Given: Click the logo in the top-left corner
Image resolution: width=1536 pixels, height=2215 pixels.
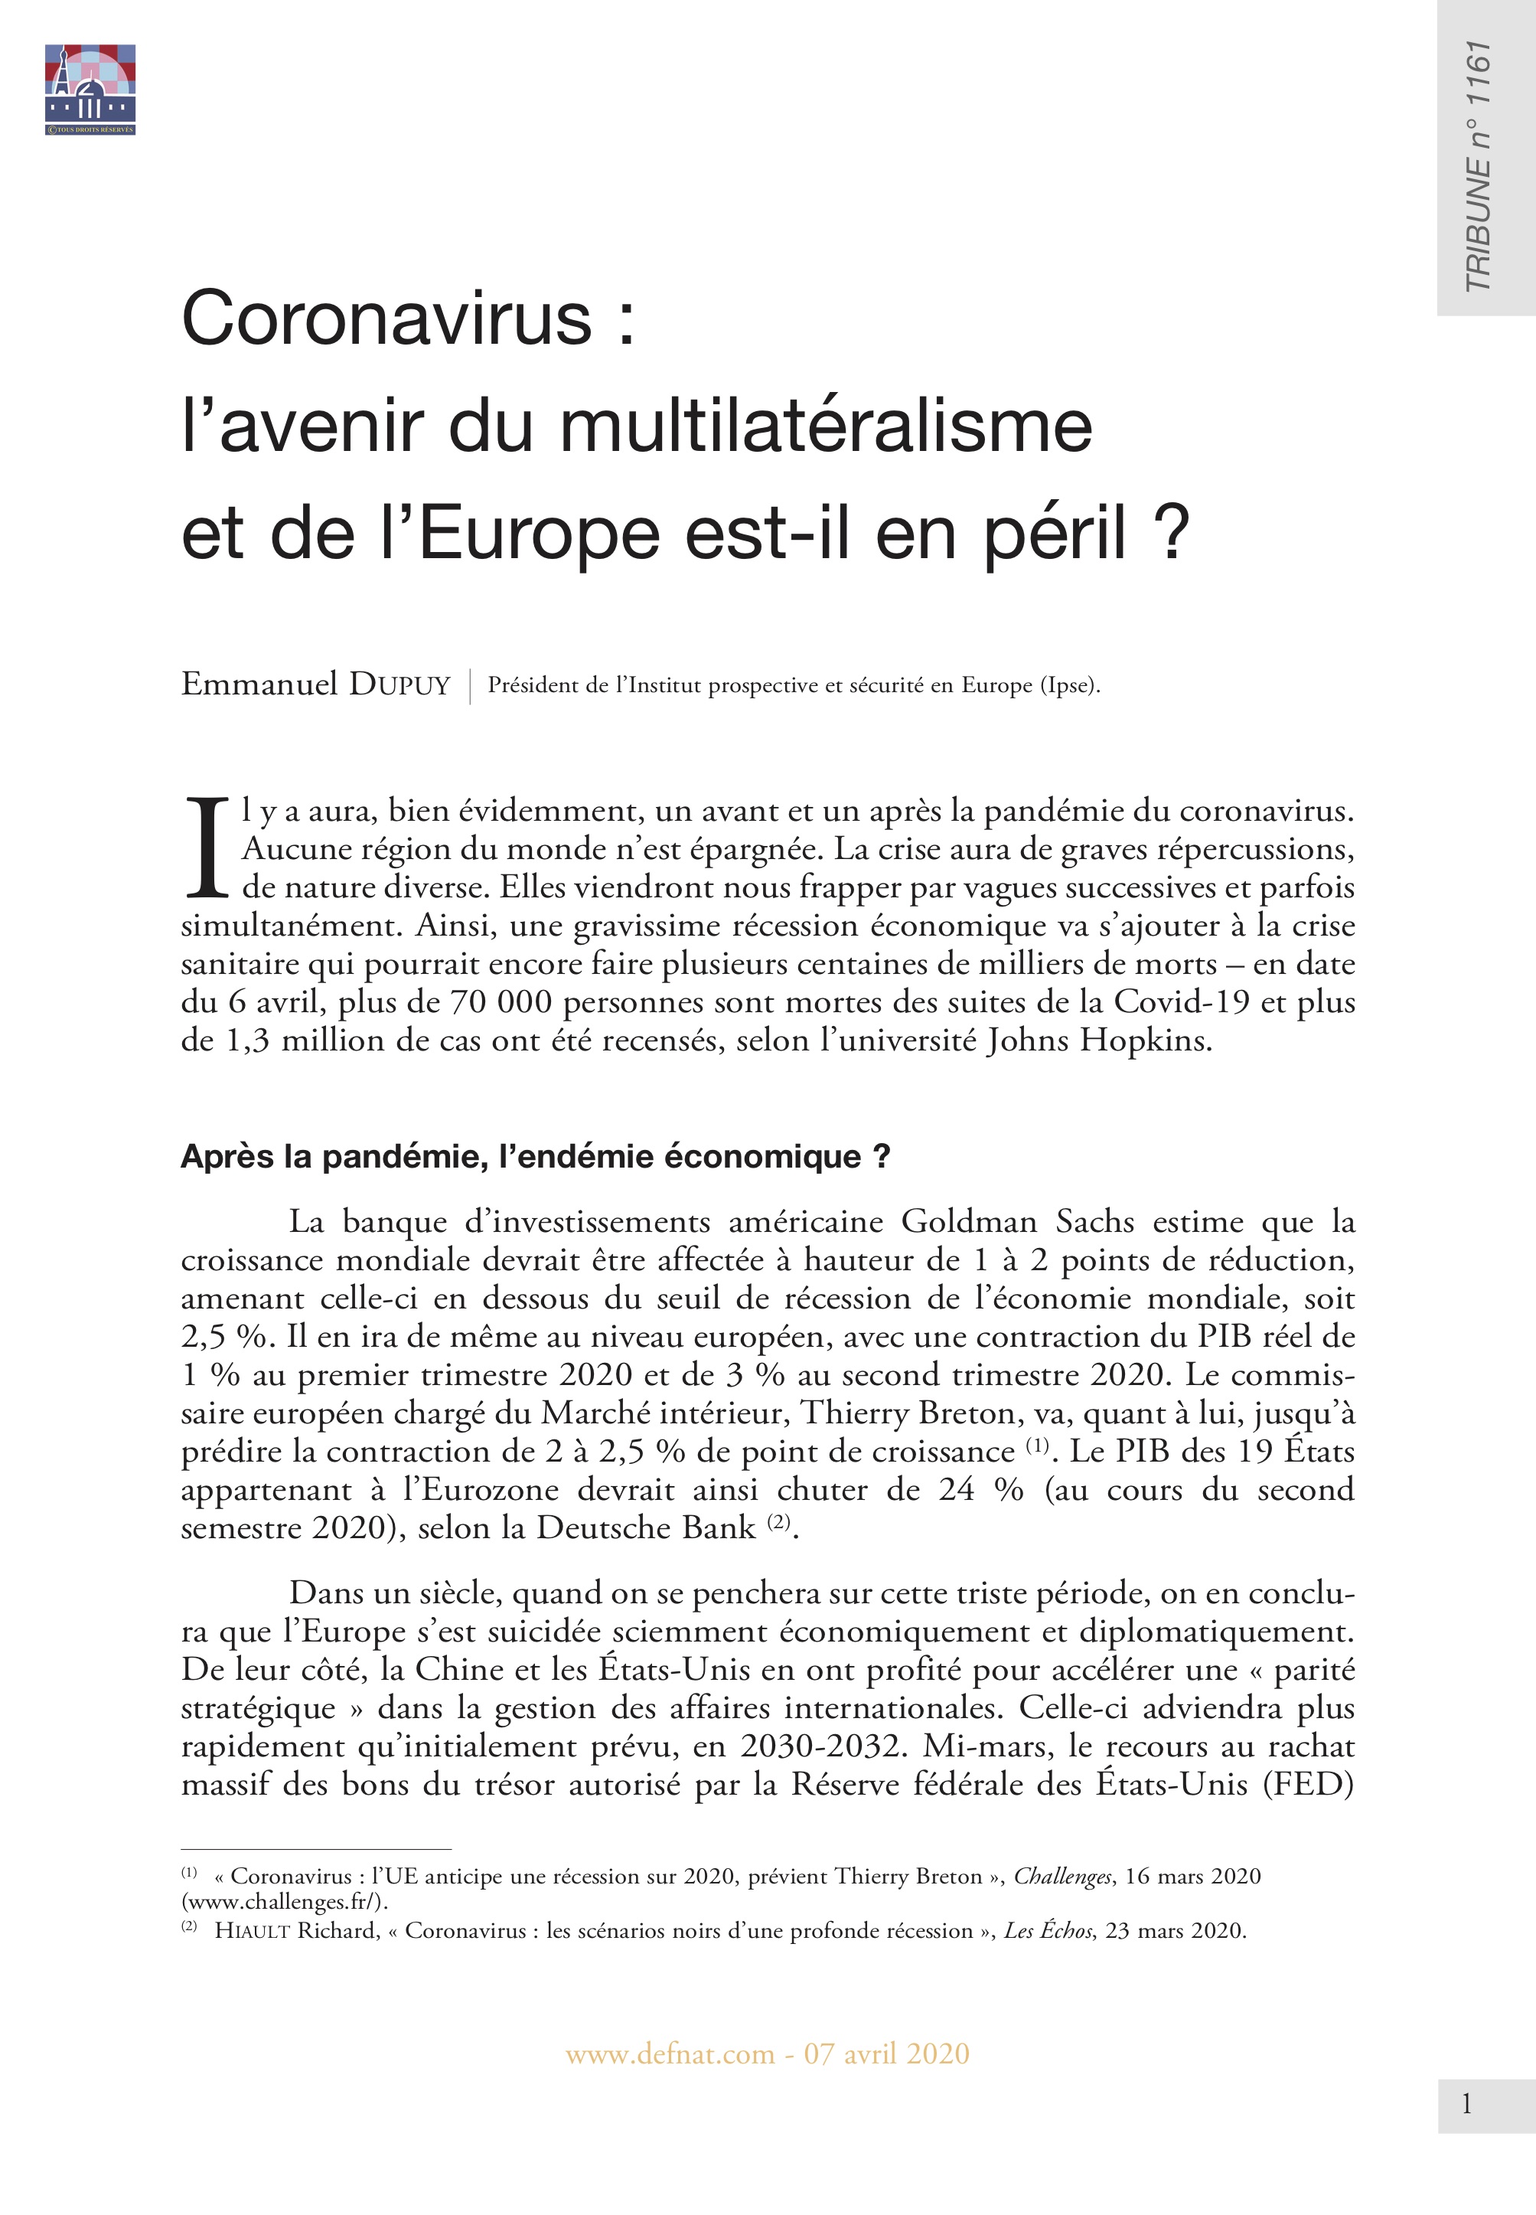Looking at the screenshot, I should click(x=90, y=90).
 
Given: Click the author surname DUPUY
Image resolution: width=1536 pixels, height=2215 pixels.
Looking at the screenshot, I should click(x=399, y=685).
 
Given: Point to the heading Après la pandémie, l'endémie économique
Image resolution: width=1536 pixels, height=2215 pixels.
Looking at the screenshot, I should click(x=535, y=1156).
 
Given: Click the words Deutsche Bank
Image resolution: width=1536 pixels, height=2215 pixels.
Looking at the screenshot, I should click(x=646, y=1527).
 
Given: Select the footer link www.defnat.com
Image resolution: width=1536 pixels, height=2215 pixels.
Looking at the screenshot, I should click(x=670, y=2053).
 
